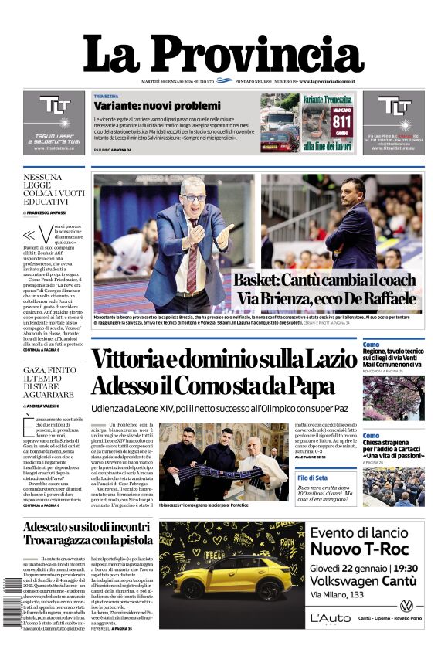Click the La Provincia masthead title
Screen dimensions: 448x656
coord(223,53)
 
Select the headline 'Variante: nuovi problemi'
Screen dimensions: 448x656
coord(146,106)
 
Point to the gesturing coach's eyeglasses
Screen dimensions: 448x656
coord(193,198)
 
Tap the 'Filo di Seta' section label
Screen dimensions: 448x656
coord(313,478)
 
